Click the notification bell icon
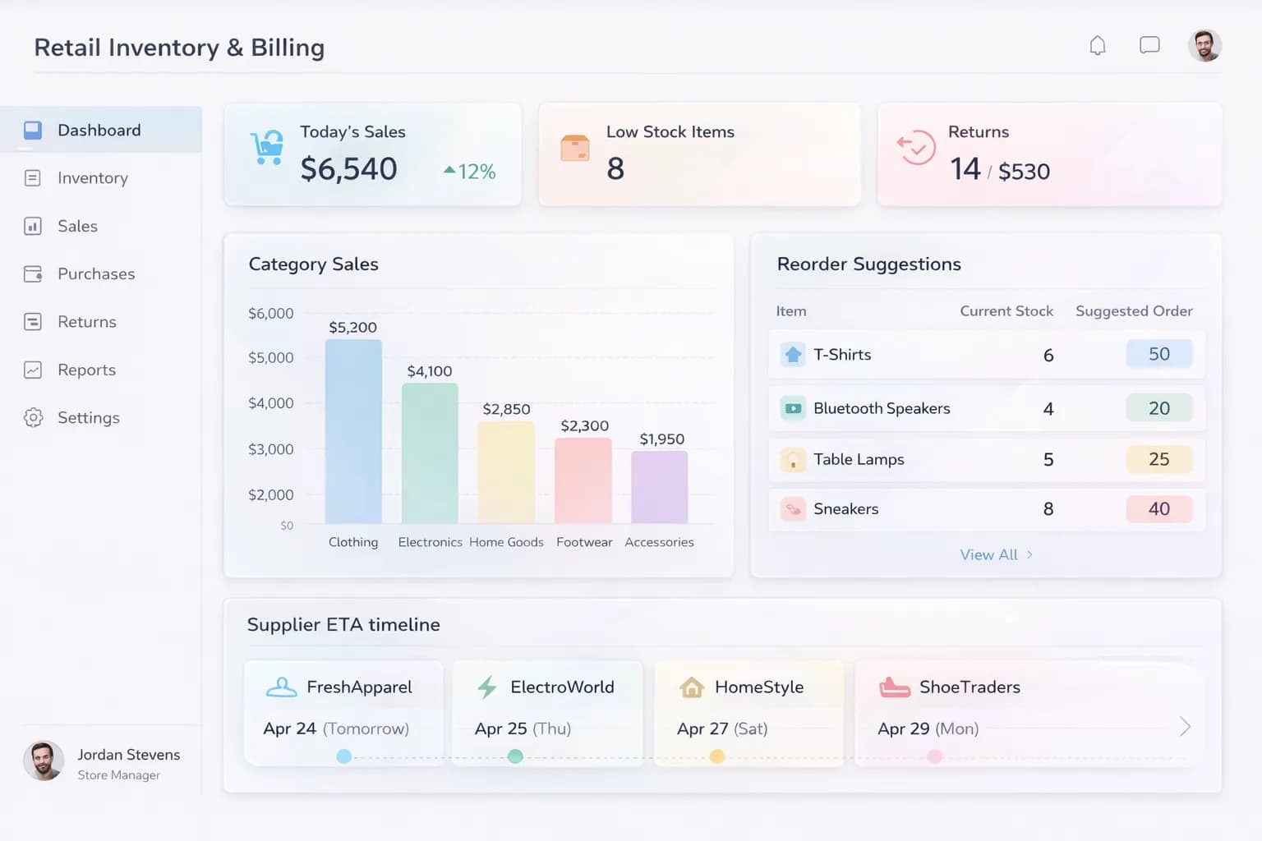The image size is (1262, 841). coord(1097,46)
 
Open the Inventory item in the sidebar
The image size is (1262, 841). coord(92,178)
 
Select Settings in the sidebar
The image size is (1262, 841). coord(88,418)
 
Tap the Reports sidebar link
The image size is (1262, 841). coord(86,370)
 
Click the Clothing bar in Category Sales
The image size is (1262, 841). coord(353,431)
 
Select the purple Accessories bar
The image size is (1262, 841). coord(659,487)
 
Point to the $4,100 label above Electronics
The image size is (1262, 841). coord(430,371)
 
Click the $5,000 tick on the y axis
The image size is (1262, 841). coord(271,358)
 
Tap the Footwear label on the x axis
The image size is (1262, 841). coord(584,542)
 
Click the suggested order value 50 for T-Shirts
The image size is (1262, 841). coord(1158,354)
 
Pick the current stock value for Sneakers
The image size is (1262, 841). coord(1048,509)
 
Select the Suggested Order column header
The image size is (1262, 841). coord(1134,311)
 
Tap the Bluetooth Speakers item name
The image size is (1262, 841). coord(882,408)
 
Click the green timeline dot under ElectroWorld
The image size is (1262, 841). coord(515,756)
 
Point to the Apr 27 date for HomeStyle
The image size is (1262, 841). coord(702,728)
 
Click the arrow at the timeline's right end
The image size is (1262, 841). coord(1185,727)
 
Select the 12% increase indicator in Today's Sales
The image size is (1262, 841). coord(470,172)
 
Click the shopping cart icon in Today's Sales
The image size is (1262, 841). coord(268,148)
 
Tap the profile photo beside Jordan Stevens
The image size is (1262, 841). coord(44,761)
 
